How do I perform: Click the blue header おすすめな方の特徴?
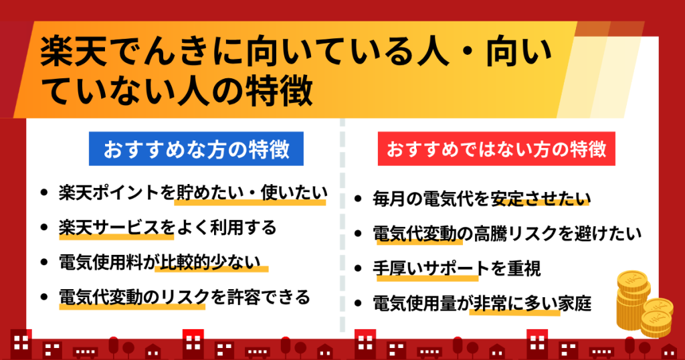[196, 149]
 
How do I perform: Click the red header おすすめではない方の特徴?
[496, 149]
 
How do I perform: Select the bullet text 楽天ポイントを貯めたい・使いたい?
[193, 193]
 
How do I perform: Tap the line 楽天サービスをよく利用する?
[168, 228]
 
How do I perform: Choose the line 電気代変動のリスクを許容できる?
[185, 297]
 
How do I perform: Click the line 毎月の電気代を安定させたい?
[482, 199]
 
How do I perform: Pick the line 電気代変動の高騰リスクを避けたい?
[507, 234]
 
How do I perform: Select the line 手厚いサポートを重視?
[457, 269]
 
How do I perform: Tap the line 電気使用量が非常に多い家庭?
[482, 304]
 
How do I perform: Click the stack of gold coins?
[644, 304]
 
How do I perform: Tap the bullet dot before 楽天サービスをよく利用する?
[43, 228]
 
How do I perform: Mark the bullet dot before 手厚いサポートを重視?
[359, 269]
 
